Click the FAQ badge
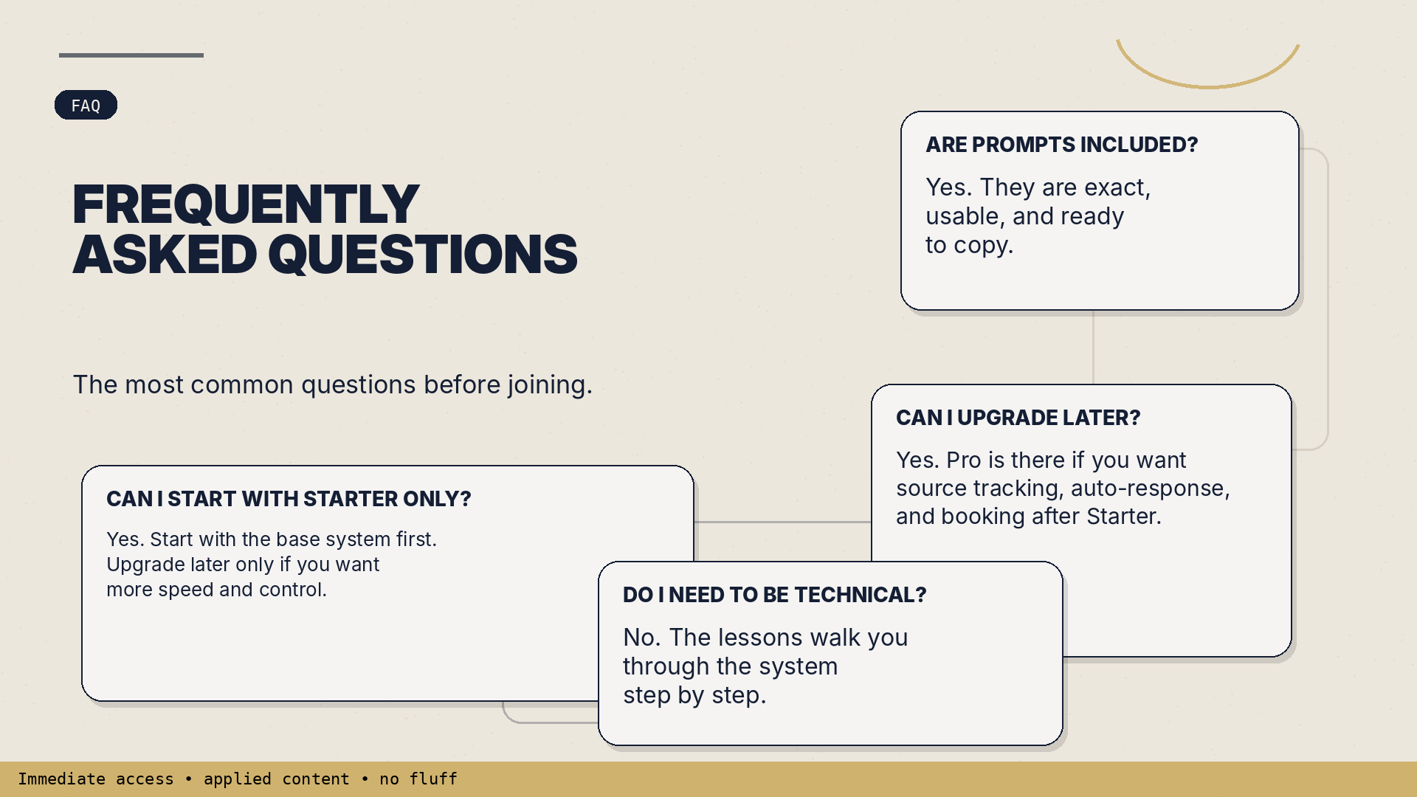pos(86,105)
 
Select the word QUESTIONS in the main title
pos(422,255)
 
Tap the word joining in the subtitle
pos(546,385)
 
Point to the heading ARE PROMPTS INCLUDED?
pos(1061,145)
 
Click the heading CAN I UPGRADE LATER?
pos(1018,418)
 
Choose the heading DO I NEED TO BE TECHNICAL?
pos(774,595)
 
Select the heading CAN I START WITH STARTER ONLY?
pos(289,499)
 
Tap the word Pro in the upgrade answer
pos(964,460)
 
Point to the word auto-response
pos(1147,489)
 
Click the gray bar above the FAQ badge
pos(131,55)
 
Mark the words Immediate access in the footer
pos(96,779)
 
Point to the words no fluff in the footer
pos(418,779)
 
